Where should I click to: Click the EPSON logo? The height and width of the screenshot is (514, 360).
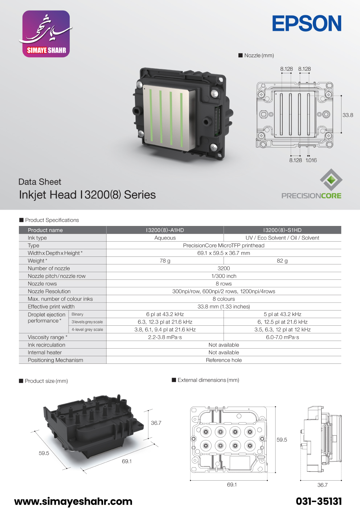click(x=307, y=24)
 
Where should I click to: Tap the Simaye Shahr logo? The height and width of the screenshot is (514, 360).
click(x=46, y=34)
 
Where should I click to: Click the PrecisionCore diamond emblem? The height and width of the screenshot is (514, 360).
click(x=331, y=180)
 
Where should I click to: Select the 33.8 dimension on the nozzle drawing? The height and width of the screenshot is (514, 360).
click(x=348, y=115)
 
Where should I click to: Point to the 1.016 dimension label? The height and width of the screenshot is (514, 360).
click(x=311, y=160)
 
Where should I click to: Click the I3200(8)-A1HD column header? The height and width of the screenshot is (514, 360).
click(x=165, y=230)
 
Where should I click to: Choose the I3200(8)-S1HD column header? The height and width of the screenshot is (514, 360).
click(x=282, y=230)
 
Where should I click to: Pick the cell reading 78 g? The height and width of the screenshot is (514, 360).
click(x=165, y=260)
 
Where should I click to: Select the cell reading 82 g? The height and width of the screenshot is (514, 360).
click(x=282, y=260)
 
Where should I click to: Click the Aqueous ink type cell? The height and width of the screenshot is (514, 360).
click(x=165, y=238)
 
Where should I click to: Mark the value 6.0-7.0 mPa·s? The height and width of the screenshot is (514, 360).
click(x=282, y=337)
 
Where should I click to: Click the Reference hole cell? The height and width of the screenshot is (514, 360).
click(x=224, y=360)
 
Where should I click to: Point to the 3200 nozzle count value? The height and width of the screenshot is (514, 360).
click(x=224, y=268)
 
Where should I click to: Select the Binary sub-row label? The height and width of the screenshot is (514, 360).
click(x=77, y=314)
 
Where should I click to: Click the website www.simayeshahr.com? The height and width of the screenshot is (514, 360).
click(x=73, y=501)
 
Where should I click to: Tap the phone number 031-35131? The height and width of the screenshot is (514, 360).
click(x=319, y=501)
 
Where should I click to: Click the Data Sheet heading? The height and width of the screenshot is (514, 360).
click(x=40, y=182)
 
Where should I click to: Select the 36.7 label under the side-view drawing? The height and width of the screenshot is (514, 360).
click(x=322, y=485)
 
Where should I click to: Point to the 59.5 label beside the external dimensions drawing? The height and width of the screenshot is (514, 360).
click(x=282, y=440)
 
